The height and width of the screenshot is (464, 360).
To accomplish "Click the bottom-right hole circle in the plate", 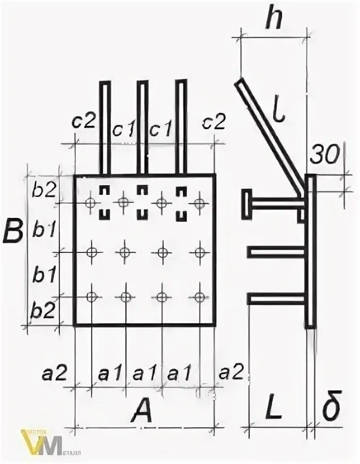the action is [x=199, y=297].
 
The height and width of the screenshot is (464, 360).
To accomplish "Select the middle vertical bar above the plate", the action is [x=142, y=127].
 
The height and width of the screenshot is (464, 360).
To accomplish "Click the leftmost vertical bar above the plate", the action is [x=105, y=127].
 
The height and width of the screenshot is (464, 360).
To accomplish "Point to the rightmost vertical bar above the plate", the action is [x=181, y=127].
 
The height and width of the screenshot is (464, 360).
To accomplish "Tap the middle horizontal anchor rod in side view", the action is [x=276, y=252].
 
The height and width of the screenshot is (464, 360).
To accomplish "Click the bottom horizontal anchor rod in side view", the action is [x=276, y=299].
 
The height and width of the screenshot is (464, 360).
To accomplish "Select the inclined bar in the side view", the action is [x=270, y=135].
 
